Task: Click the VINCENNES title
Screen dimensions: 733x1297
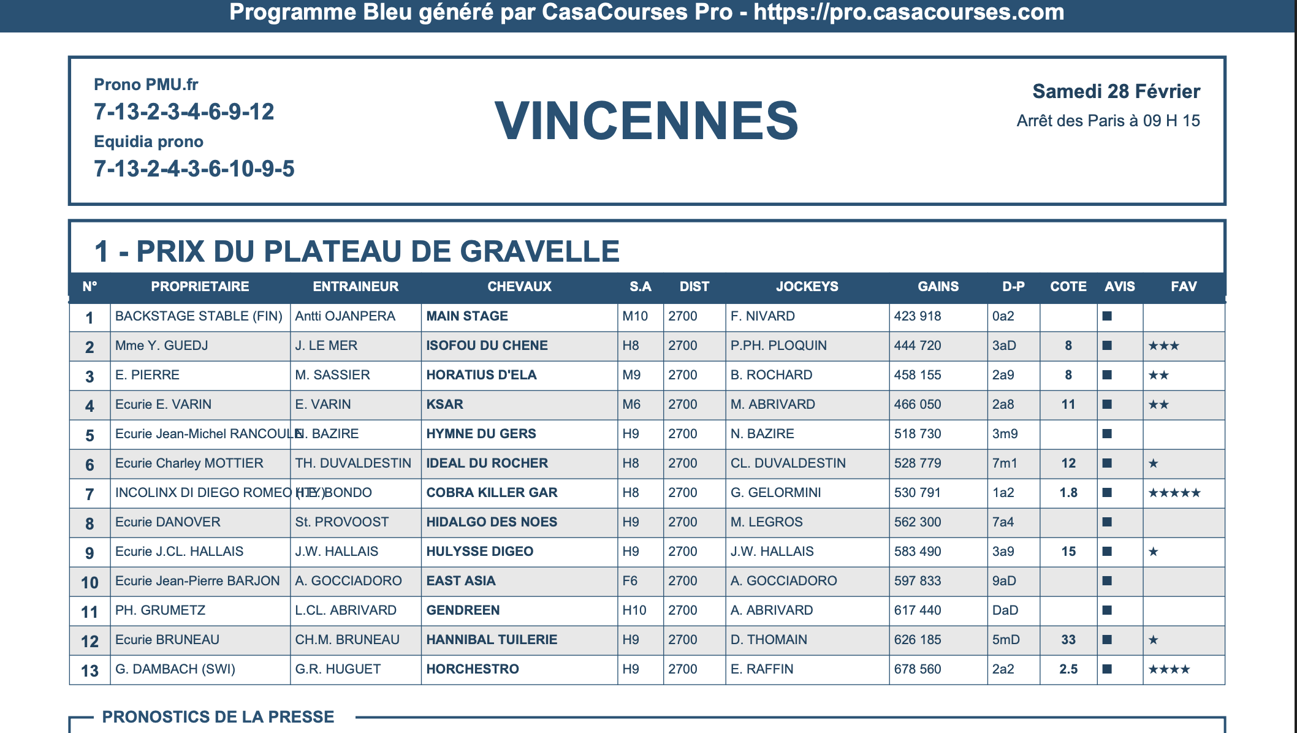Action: (646, 121)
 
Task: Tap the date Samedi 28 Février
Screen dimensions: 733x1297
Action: (1116, 91)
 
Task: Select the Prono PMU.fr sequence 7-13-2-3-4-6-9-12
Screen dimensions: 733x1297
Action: (184, 112)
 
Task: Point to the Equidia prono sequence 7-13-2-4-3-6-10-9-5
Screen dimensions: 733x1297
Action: (194, 169)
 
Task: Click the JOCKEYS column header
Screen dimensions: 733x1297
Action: (807, 286)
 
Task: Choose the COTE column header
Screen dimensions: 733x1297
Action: (1068, 286)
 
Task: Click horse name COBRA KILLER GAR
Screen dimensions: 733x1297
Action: (492, 493)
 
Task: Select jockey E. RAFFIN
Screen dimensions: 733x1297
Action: (761, 669)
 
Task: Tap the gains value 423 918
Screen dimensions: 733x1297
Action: (917, 316)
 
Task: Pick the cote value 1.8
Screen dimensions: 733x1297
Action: (1068, 493)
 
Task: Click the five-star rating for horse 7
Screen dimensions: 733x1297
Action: (1174, 493)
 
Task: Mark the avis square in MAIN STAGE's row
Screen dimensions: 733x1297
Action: (1107, 316)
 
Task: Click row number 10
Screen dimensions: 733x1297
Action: (89, 582)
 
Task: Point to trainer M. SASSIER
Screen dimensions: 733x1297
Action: (332, 375)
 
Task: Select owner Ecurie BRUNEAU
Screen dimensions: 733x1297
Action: (167, 640)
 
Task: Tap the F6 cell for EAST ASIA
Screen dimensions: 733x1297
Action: (630, 581)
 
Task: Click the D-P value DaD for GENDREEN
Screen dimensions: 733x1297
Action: (1005, 610)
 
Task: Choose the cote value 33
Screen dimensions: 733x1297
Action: (1068, 640)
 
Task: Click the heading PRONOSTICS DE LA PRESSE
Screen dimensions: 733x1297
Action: (218, 716)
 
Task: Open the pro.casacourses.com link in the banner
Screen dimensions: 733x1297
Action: (908, 12)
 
